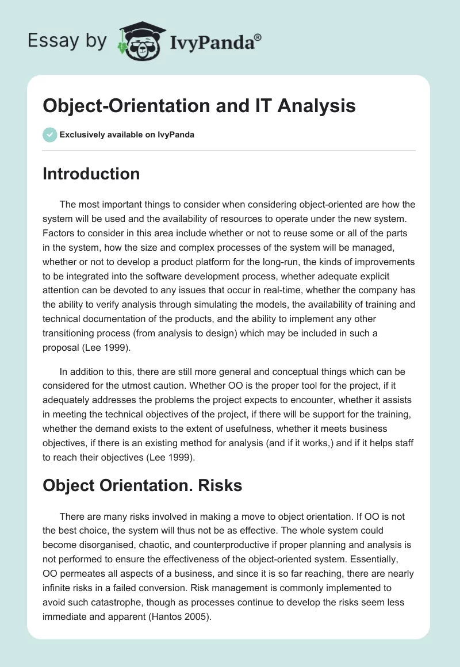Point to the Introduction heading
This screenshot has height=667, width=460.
(91, 174)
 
